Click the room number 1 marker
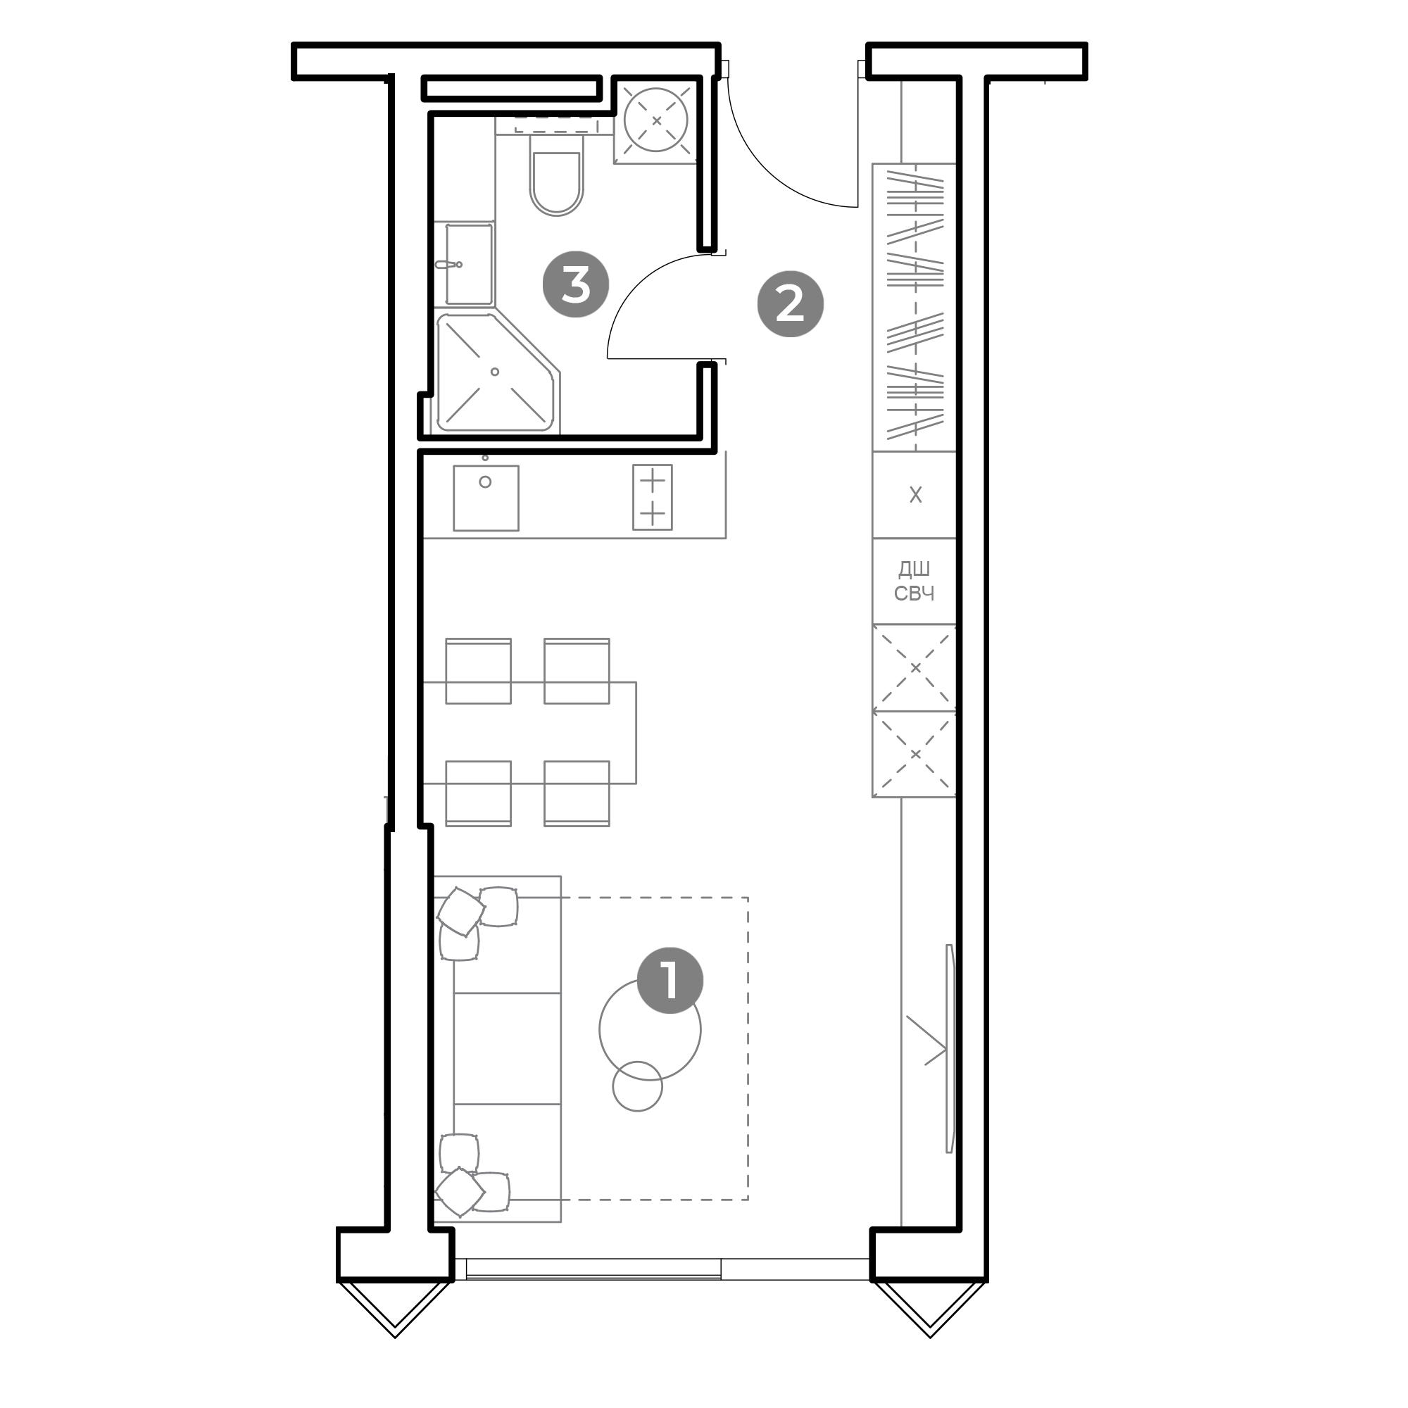pyautogui.click(x=670, y=980)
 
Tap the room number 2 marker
pyautogui.click(x=790, y=304)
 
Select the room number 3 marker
pyautogui.click(x=576, y=284)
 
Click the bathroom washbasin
pyautogui.click(x=469, y=264)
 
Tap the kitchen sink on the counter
pyautogui.click(x=486, y=498)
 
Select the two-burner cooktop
pyautogui.click(x=653, y=498)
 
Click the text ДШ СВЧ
pyautogui.click(x=914, y=581)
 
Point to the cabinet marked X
pyautogui.click(x=914, y=495)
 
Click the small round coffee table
pyautogui.click(x=638, y=1086)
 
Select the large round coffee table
pyautogui.click(x=650, y=1029)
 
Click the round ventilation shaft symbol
pyautogui.click(x=656, y=120)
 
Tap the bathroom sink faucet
pyautogui.click(x=448, y=265)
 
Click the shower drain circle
pyautogui.click(x=495, y=372)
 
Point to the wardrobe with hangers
pyautogui.click(x=914, y=307)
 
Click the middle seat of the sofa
pyautogui.click(x=507, y=1048)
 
